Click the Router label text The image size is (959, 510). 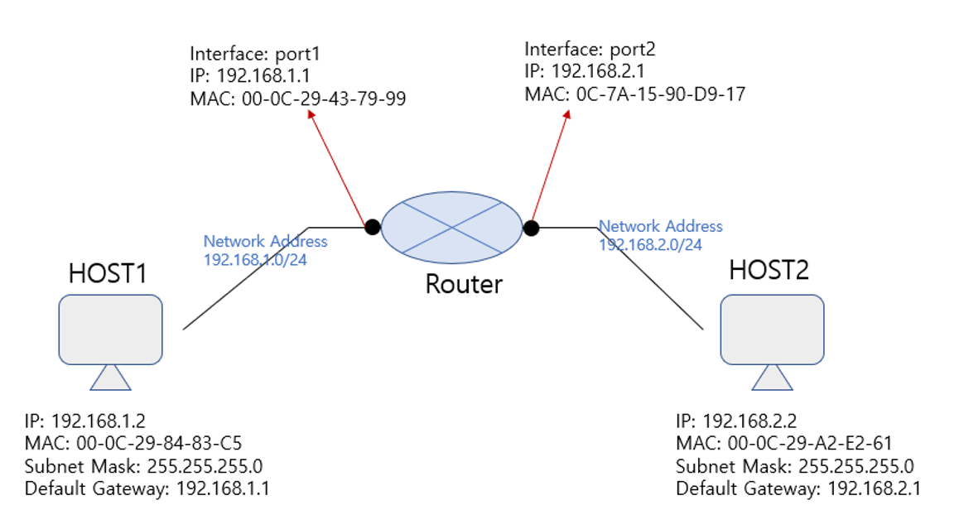pyautogui.click(x=463, y=284)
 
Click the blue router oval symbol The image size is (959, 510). pyautogui.click(x=451, y=226)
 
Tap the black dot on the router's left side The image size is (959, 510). pyautogui.click(x=373, y=226)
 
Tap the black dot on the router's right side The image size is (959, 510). pyautogui.click(x=530, y=227)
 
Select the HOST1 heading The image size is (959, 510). pyautogui.click(x=108, y=273)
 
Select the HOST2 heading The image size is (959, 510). pyautogui.click(x=769, y=269)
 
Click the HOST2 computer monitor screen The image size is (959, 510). pyautogui.click(x=772, y=330)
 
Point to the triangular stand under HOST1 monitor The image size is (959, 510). pyautogui.click(x=110, y=378)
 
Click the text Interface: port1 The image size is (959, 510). pyautogui.click(x=255, y=55)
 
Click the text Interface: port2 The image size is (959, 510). pyautogui.click(x=590, y=51)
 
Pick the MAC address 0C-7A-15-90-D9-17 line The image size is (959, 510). pyautogui.click(x=635, y=94)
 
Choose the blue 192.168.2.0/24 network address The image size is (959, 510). pyautogui.click(x=650, y=244)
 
